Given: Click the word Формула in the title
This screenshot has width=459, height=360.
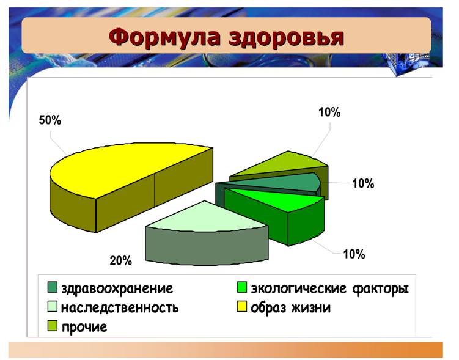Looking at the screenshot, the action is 165,37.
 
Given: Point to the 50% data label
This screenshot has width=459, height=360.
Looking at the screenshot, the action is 50,120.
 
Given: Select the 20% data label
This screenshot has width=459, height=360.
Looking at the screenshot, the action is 121,260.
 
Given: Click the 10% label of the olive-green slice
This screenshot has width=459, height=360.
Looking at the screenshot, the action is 329,112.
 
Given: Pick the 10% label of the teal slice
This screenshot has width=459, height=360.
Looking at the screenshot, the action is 363,183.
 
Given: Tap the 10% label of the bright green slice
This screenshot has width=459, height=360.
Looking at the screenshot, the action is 354,254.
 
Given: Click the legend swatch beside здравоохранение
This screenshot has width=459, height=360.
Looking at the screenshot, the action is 53,287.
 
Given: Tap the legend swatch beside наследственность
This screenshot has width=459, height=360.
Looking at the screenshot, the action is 53,306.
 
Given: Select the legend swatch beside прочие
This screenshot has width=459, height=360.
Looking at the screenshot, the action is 53,326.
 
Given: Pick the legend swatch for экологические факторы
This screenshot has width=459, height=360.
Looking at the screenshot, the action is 242,287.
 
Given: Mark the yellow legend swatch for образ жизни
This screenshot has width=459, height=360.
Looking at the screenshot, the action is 242,306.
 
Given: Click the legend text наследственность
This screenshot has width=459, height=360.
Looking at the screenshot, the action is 120,307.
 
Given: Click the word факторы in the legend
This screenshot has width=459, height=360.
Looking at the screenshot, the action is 380,289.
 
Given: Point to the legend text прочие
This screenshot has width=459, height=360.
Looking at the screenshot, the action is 84,327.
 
